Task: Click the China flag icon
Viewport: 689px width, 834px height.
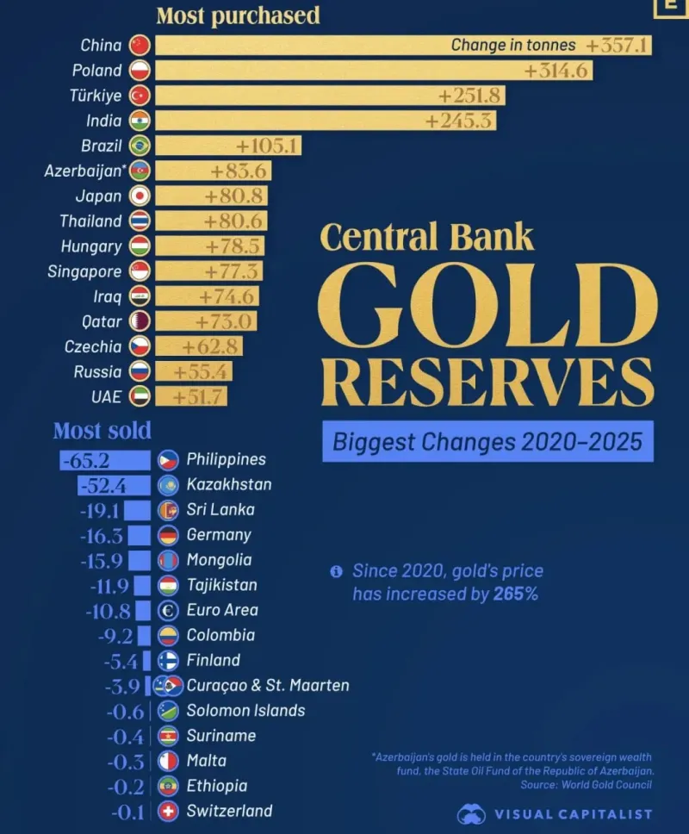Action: coord(140,45)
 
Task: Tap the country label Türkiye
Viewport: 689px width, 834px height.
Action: coord(96,96)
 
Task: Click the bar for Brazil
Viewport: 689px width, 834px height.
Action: coord(227,146)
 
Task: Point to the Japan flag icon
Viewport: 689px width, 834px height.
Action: coord(140,196)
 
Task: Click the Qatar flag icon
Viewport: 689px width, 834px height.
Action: coord(140,321)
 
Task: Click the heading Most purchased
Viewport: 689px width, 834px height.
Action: coord(238,16)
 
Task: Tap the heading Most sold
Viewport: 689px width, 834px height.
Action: coord(102,430)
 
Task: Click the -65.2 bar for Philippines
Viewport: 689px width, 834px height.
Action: coord(104,459)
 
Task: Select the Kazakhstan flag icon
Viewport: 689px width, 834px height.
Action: coord(169,484)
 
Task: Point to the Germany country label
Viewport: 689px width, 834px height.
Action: coord(219,534)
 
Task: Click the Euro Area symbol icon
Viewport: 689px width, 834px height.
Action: coord(169,610)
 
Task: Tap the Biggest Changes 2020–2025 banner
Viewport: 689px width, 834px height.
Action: coord(487,442)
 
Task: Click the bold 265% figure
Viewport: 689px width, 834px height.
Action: coord(515,594)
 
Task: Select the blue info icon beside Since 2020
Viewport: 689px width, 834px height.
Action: coord(336,571)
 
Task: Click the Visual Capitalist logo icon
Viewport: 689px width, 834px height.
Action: coord(471,813)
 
